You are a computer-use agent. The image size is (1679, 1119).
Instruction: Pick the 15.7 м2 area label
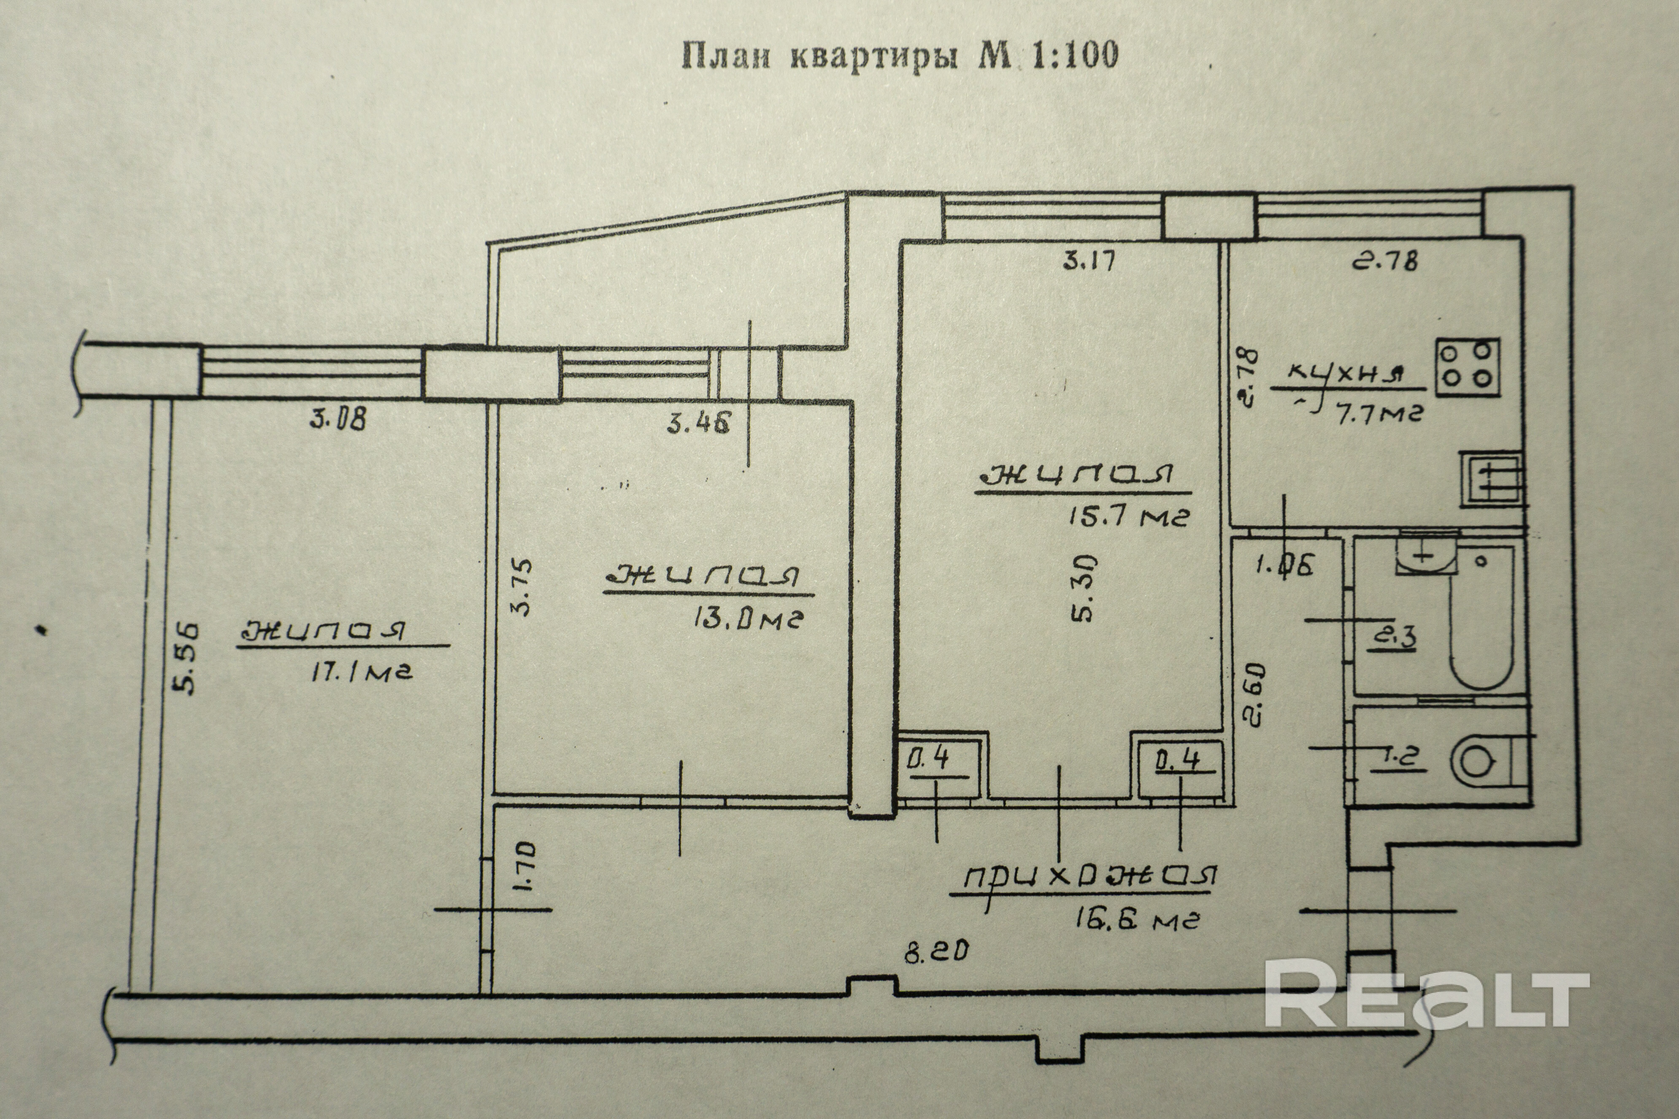[1128, 515]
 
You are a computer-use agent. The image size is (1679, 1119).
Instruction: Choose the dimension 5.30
[1083, 590]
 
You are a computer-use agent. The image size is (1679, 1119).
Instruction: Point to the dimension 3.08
[338, 418]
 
